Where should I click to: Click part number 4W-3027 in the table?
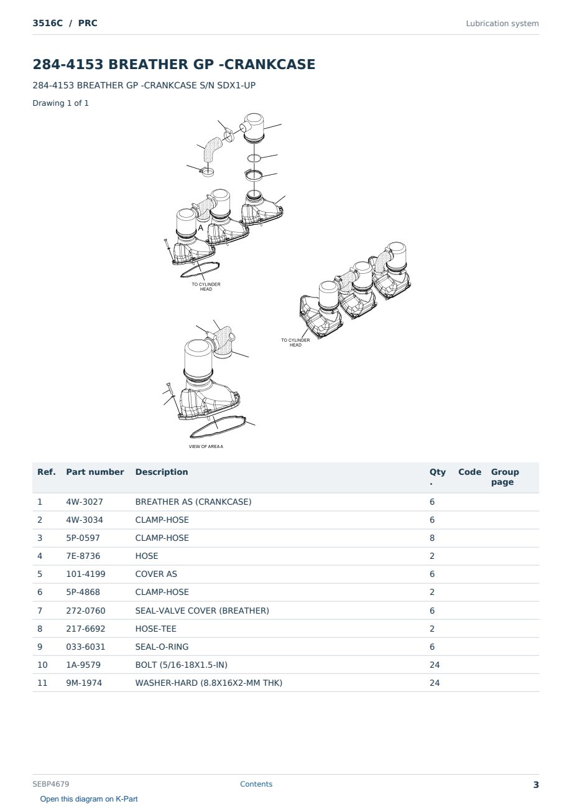(x=84, y=502)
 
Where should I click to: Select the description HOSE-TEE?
(x=155, y=629)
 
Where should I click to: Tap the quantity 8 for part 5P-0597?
(x=432, y=538)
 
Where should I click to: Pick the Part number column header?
(x=95, y=472)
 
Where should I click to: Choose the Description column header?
(x=161, y=472)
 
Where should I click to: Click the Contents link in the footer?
(x=256, y=784)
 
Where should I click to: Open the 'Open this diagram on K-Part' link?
(x=89, y=799)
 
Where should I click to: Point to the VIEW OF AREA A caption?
(x=206, y=446)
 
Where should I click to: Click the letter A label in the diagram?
(x=201, y=228)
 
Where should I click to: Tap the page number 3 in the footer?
(x=536, y=785)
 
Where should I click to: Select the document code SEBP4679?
(x=50, y=784)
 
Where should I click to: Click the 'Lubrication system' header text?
(x=502, y=24)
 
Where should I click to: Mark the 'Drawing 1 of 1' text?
(x=61, y=103)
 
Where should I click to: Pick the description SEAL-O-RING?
(x=162, y=647)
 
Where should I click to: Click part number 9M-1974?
(x=84, y=683)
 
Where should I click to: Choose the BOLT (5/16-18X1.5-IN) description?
(x=181, y=665)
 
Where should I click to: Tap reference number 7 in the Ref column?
(x=40, y=610)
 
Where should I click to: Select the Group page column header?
(x=505, y=477)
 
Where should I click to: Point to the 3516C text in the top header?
(x=47, y=23)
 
